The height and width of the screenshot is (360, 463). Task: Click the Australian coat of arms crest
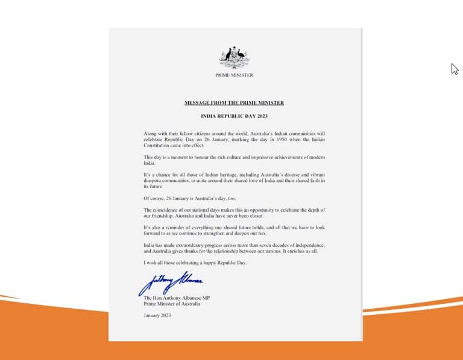234,58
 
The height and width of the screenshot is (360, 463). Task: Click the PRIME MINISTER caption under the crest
234,75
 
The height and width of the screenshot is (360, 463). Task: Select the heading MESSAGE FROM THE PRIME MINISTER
234,103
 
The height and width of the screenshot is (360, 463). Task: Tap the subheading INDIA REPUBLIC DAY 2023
234,115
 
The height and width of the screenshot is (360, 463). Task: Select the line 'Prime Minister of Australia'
172,304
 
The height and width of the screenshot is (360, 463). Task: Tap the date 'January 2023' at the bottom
157,315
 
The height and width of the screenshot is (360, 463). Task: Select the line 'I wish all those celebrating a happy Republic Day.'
195,263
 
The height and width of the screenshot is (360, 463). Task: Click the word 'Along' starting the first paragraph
150,132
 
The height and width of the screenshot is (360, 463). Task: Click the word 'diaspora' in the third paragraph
154,180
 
